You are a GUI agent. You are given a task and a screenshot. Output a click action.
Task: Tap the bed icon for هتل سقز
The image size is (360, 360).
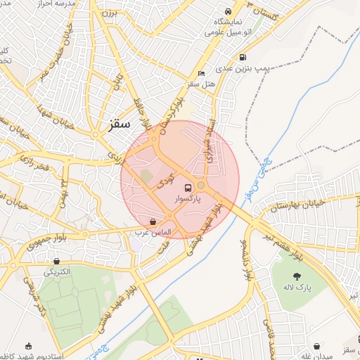pyautogui.click(x=202, y=73)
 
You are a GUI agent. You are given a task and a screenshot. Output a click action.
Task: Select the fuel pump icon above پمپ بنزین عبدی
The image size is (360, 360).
pyautogui.click(x=243, y=58)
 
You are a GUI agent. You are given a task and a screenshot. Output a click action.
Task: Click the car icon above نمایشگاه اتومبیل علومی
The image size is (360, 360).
pyautogui.click(x=228, y=11)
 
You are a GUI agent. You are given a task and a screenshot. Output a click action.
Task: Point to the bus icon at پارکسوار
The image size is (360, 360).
pyautogui.click(x=187, y=188)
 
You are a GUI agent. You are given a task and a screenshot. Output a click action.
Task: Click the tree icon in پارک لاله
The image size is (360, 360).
pyautogui.click(x=298, y=276)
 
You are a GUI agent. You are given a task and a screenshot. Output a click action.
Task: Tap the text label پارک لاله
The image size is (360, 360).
pyautogui.click(x=298, y=288)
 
